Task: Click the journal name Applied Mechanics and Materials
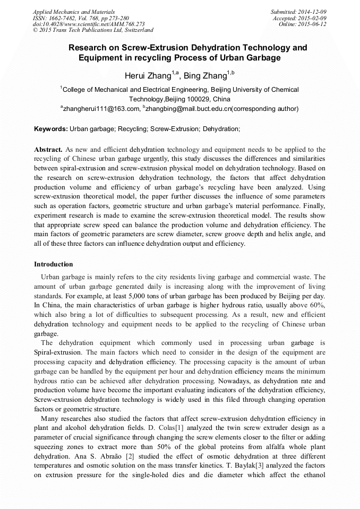click(x=73, y=11)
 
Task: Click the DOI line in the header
click(x=88, y=24)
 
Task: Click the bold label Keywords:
click(x=51, y=129)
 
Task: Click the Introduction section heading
click(x=54, y=264)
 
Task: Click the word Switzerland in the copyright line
click(x=135, y=30)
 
